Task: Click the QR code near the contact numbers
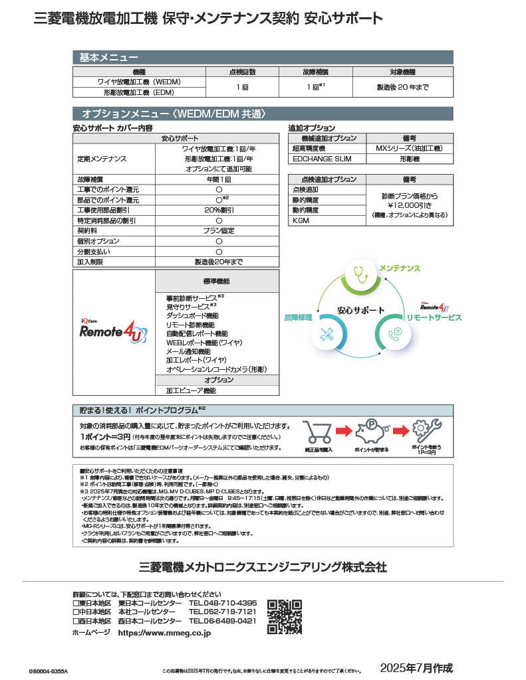point(284,616)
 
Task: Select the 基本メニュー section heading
point(109,57)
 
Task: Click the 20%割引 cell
point(218,210)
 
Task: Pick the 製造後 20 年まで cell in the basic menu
point(402,87)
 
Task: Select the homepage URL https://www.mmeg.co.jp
point(164,634)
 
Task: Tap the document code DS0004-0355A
point(49,671)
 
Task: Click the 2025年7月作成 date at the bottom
point(416,667)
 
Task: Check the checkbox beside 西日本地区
point(75,621)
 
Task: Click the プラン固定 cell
point(218,230)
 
